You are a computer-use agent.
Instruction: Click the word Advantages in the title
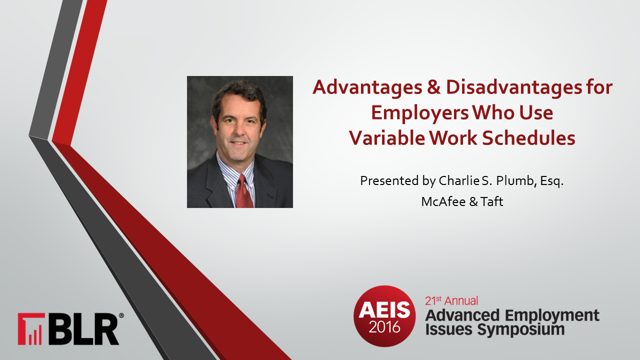click(x=367, y=87)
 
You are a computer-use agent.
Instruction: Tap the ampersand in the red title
click(x=434, y=87)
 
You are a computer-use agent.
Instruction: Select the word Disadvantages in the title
click(x=514, y=87)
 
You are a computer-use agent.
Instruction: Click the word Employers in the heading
click(x=420, y=113)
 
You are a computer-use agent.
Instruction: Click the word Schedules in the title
click(x=528, y=138)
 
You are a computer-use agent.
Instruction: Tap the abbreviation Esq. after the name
click(x=551, y=181)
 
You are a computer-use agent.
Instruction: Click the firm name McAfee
click(x=443, y=201)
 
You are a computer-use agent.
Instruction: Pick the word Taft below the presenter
click(x=491, y=201)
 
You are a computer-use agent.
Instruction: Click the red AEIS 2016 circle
click(x=384, y=316)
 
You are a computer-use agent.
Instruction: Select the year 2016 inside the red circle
click(x=384, y=327)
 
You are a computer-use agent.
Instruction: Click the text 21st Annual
click(x=451, y=301)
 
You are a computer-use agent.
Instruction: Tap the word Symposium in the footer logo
click(x=521, y=330)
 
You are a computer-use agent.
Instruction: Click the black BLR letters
click(x=83, y=329)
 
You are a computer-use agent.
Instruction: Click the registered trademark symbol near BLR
click(x=121, y=315)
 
